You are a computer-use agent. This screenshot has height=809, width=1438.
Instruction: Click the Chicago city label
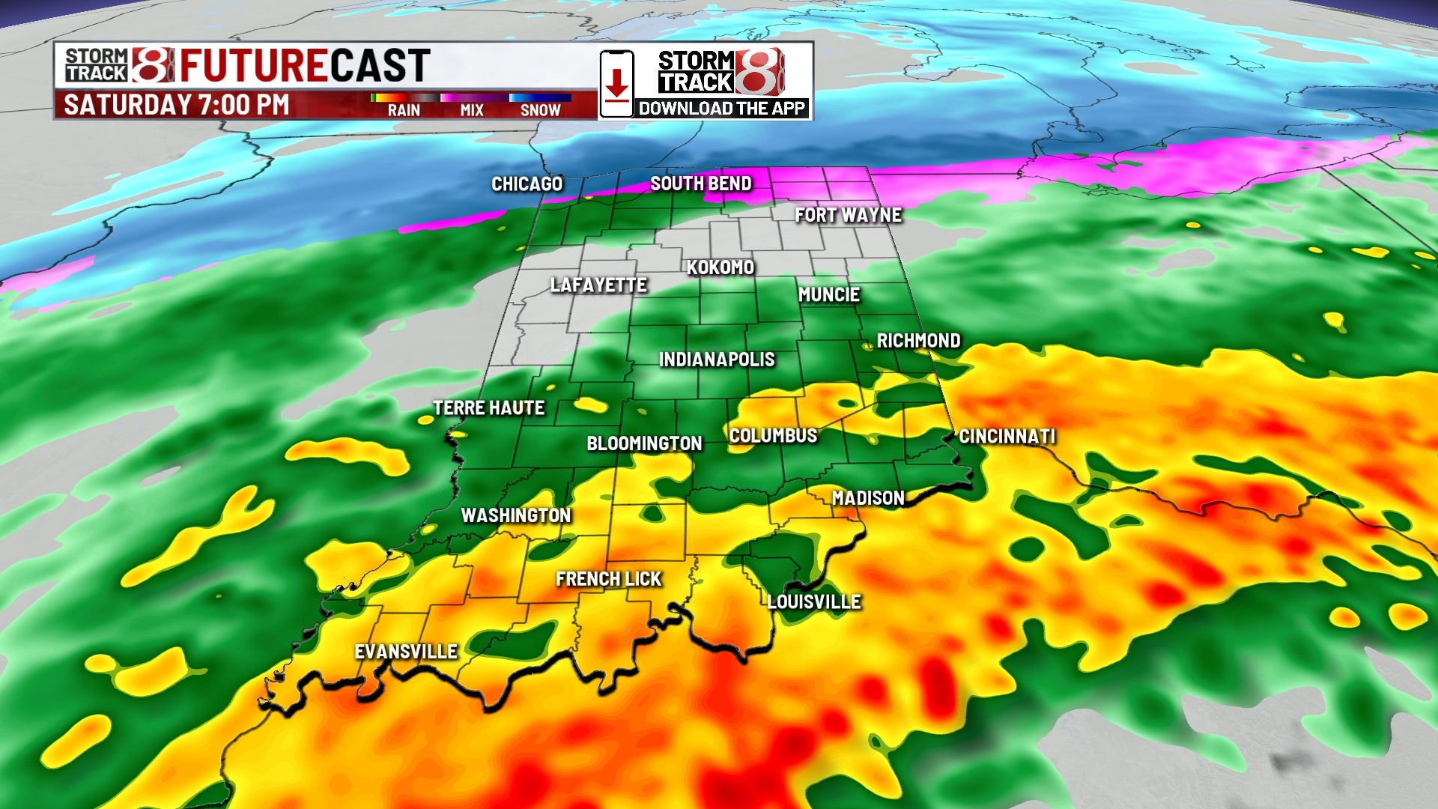[x=527, y=184]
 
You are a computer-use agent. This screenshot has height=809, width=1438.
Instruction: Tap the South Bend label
[x=700, y=184]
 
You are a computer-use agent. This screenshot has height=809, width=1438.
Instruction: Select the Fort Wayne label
[x=848, y=215]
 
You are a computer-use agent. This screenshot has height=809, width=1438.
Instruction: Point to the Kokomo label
[x=720, y=267]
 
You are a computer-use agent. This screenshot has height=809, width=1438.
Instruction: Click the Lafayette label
[x=598, y=285]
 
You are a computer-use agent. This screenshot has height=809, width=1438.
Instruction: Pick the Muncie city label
[x=828, y=295]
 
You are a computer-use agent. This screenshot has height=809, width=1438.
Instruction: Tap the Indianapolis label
[x=716, y=360]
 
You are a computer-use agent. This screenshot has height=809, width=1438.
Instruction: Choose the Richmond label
[x=918, y=341]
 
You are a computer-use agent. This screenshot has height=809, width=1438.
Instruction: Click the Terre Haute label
[x=488, y=408]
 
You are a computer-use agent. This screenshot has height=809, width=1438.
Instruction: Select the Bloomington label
[x=644, y=443]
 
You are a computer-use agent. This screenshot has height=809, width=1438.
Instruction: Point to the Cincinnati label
[x=1007, y=437]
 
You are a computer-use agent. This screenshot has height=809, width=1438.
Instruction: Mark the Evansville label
[x=405, y=652]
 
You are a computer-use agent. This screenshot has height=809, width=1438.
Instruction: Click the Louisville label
[x=813, y=602]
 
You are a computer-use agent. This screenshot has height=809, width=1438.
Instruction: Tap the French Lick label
[x=608, y=579]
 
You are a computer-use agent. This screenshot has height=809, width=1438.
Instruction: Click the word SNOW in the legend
[x=540, y=110]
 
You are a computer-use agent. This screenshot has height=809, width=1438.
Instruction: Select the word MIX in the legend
[x=472, y=110]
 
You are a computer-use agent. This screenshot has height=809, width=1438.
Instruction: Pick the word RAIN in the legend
[x=404, y=110]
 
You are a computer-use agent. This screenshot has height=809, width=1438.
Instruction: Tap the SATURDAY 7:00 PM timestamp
[x=176, y=105]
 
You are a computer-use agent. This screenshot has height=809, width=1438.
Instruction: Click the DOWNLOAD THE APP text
[x=721, y=109]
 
